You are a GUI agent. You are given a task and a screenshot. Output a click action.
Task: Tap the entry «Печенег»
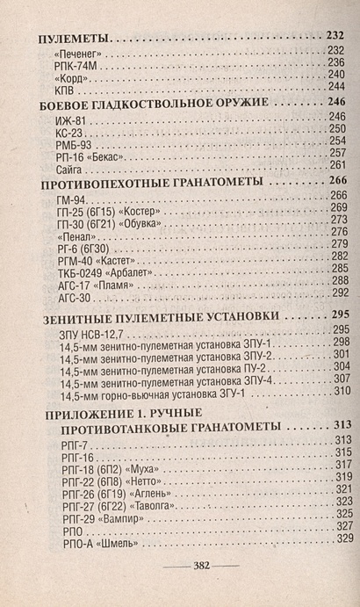click(x=77, y=52)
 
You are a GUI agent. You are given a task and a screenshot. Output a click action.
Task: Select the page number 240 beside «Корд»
click(x=337, y=76)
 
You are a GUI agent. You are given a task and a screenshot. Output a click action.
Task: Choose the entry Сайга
click(x=65, y=165)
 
